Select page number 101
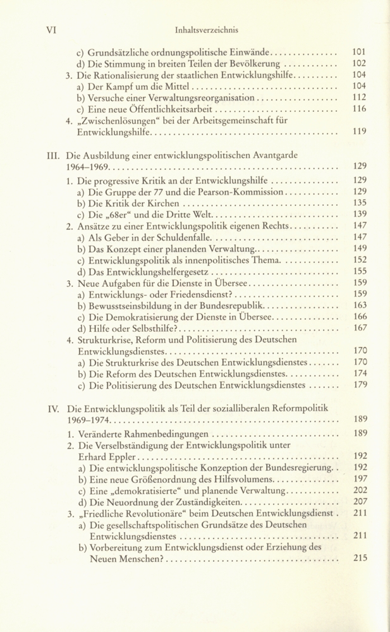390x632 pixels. (359, 52)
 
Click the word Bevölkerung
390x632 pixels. (254, 64)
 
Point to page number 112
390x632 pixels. (359, 98)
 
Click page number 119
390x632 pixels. (359, 133)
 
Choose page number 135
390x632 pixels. (359, 203)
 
